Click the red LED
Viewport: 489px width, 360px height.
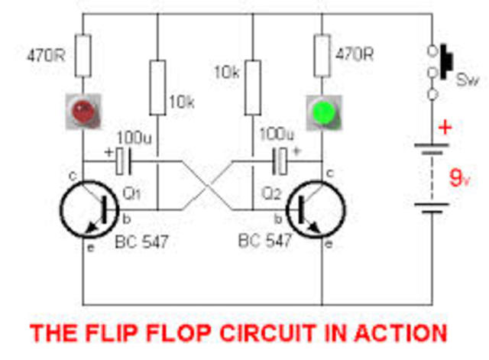82,112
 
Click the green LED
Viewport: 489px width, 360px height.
322,112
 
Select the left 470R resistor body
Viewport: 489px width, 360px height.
82,54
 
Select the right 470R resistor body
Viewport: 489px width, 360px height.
322,54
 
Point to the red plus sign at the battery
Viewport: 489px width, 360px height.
445,126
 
